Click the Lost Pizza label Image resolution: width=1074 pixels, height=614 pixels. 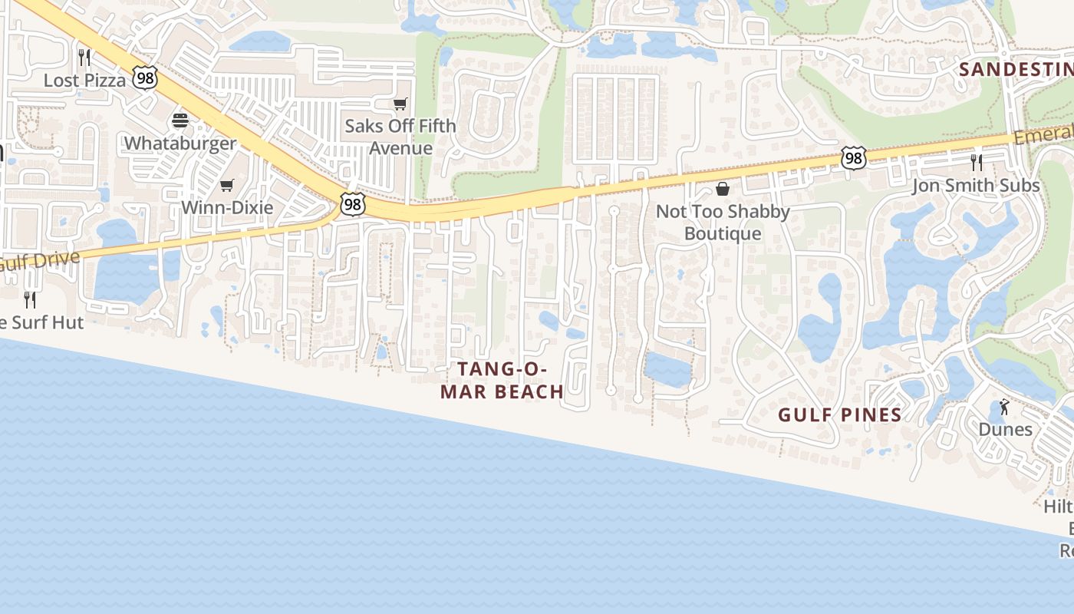pyautogui.click(x=84, y=80)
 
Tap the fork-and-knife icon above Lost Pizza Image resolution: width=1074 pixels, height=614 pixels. pyautogui.click(x=84, y=57)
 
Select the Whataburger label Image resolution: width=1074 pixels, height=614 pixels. pyautogui.click(x=180, y=144)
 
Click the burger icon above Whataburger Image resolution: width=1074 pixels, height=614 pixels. pyautogui.click(x=180, y=120)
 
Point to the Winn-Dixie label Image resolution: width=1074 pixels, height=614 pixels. pyautogui.click(x=227, y=207)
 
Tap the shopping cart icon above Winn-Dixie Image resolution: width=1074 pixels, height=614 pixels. pyautogui.click(x=226, y=185)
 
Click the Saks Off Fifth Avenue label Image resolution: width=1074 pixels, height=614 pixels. pyautogui.click(x=400, y=137)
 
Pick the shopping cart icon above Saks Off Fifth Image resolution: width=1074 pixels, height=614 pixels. pyautogui.click(x=400, y=104)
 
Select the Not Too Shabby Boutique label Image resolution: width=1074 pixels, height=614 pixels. pyautogui.click(x=723, y=222)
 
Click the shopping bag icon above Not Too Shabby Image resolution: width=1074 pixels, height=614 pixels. pyautogui.click(x=723, y=189)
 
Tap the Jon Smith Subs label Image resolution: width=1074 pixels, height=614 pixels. pyautogui.click(x=976, y=185)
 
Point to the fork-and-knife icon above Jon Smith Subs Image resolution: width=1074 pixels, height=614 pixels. pyautogui.click(x=976, y=162)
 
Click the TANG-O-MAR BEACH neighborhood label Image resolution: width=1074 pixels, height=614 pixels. pyautogui.click(x=502, y=380)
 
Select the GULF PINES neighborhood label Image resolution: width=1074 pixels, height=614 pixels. pyautogui.click(x=839, y=415)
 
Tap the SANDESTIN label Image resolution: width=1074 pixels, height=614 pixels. pyautogui.click(x=1016, y=69)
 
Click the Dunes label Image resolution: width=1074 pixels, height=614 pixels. pyautogui.click(x=1005, y=429)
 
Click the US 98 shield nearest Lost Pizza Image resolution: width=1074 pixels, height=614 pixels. pyautogui.click(x=144, y=77)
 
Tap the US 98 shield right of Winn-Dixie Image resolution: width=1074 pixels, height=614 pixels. pyautogui.click(x=353, y=204)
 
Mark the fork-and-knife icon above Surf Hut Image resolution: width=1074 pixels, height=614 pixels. pyautogui.click(x=30, y=299)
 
